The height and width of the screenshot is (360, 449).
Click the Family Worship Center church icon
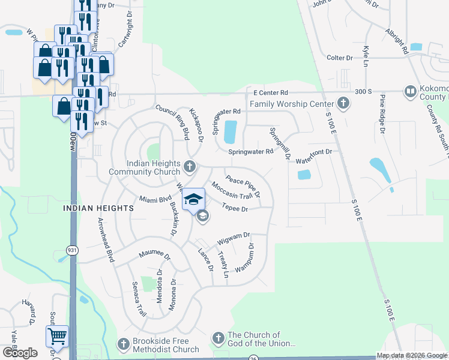pos(343,104)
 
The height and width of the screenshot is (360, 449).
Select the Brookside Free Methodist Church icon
pos(123,344)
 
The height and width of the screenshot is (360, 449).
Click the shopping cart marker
pos(58,337)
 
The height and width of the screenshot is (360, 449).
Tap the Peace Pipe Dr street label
pos(243,186)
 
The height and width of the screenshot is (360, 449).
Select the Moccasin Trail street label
pos(231,193)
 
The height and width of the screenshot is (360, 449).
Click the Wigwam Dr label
pos(233,238)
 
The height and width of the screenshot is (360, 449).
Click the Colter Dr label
pos(340,58)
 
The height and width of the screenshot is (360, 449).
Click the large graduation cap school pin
pos(193,199)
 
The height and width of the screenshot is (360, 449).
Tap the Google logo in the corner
pos(20,353)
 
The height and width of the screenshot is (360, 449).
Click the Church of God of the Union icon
pos(217,339)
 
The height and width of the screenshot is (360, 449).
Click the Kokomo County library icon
pos(411,92)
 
